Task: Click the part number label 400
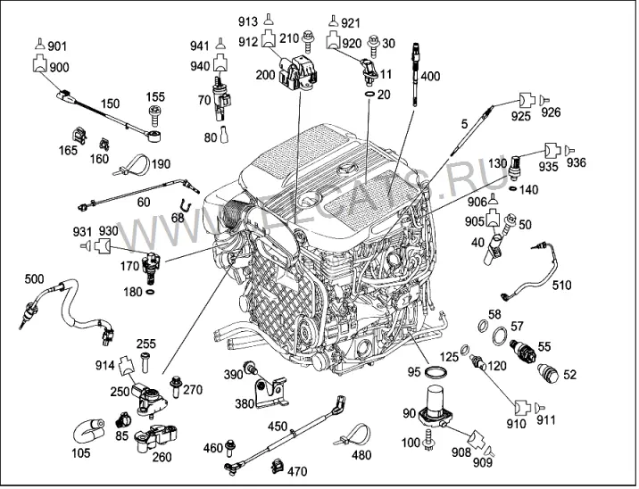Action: (x=430, y=76)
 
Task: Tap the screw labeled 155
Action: (x=154, y=115)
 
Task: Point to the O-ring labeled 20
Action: (x=369, y=95)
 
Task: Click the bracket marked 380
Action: (x=270, y=393)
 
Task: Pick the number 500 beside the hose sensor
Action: (x=34, y=279)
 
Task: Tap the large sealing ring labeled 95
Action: (x=436, y=371)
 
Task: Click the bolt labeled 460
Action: (x=230, y=448)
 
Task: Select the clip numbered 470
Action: (x=278, y=466)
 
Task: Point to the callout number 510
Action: (x=561, y=285)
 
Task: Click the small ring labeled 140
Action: (x=513, y=188)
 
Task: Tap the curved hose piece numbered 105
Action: (x=89, y=430)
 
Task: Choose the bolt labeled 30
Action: (x=373, y=46)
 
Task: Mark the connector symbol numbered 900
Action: (x=39, y=65)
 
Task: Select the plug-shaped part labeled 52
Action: (x=548, y=372)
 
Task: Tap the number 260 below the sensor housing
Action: (x=162, y=457)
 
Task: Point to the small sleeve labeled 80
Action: (x=224, y=135)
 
